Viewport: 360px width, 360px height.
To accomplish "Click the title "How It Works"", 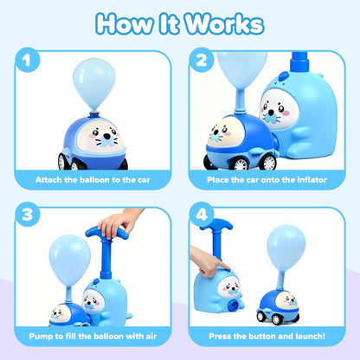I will (x=180, y=23).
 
